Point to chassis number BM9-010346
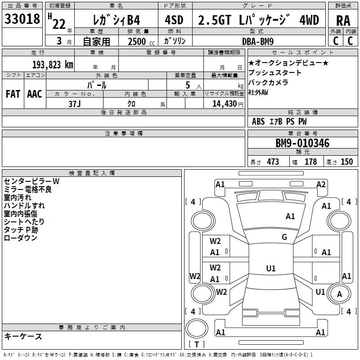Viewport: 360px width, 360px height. point(302,144)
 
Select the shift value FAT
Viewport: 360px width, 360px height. point(13,94)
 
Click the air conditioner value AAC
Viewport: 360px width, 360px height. point(35,94)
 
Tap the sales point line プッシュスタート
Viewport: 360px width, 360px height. point(275,73)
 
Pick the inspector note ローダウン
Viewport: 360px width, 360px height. point(20,238)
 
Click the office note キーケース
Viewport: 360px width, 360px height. point(23,337)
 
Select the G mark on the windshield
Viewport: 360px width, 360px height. point(284,237)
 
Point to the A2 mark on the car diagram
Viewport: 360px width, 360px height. point(321,184)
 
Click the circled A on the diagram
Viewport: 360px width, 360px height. point(339,294)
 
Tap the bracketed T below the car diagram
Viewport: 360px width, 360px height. point(197,345)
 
